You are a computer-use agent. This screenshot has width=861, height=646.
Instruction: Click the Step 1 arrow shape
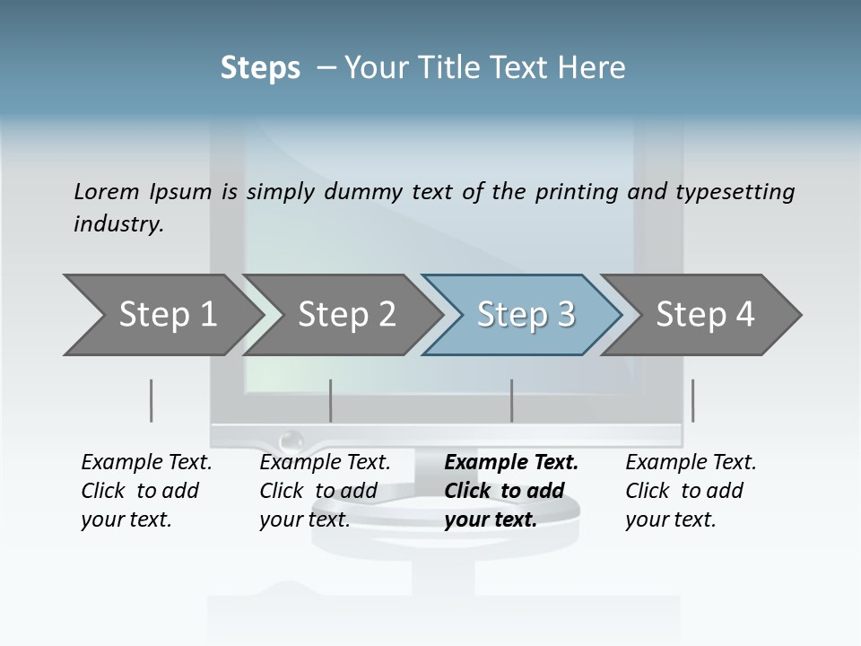161,315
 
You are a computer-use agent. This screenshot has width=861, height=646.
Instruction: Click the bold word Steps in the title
260,68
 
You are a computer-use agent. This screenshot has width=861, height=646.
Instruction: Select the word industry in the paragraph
118,224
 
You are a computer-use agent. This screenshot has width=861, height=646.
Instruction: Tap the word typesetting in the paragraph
730,191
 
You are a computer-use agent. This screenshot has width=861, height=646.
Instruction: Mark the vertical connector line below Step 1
152,400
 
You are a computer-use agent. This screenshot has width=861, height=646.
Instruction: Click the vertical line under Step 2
331,400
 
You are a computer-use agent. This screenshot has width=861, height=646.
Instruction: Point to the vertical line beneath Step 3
512,400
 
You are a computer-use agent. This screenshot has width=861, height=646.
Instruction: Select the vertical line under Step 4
692,400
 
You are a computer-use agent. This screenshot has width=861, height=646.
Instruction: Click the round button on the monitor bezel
291,441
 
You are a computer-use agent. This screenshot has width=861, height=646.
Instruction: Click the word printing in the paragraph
578,191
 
